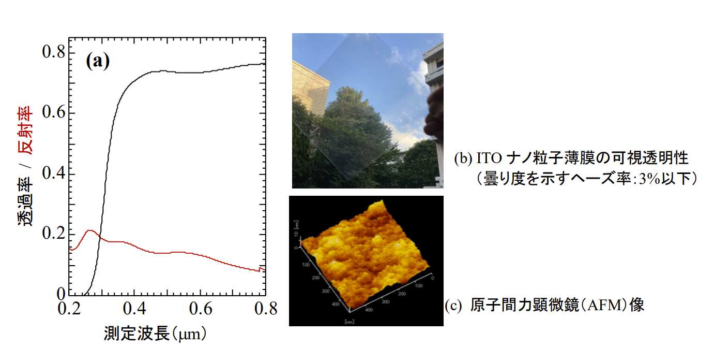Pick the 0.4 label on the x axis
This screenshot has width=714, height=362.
(134, 309)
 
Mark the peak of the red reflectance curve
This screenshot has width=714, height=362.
(90, 230)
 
